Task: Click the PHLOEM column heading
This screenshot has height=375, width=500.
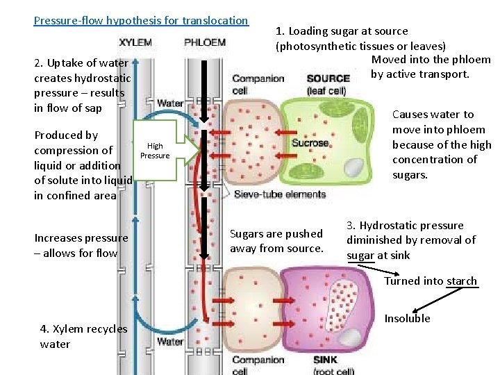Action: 205,43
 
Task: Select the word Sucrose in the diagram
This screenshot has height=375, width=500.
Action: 310,142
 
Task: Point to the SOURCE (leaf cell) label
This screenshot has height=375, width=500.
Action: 328,84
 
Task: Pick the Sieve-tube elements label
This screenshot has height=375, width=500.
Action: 280,194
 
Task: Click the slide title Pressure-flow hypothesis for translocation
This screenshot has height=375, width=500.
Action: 141,20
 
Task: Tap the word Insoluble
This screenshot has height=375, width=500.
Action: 407,318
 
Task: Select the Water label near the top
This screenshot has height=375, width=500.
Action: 170,103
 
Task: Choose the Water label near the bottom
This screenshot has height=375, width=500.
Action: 170,341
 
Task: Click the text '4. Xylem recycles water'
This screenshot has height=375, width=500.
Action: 83,336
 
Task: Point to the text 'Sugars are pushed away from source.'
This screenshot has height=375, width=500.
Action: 276,241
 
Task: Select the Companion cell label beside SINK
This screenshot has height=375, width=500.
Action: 258,365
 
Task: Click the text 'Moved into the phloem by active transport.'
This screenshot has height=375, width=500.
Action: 431,67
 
